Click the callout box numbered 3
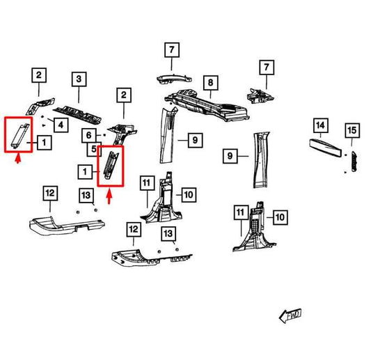(79, 79)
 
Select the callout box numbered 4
(61, 125)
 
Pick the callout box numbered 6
(88, 135)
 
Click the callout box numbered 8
(211, 83)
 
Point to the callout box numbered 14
(321, 125)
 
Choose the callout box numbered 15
(352, 130)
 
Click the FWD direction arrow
(290, 315)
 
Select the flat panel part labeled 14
(326, 148)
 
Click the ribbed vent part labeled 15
(354, 161)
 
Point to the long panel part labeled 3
(77, 115)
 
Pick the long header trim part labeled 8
(206, 104)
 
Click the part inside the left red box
(21, 136)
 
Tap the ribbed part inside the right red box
(111, 165)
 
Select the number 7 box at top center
(172, 50)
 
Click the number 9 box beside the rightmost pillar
(230, 156)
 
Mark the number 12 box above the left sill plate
(50, 194)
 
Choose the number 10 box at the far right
(281, 217)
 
